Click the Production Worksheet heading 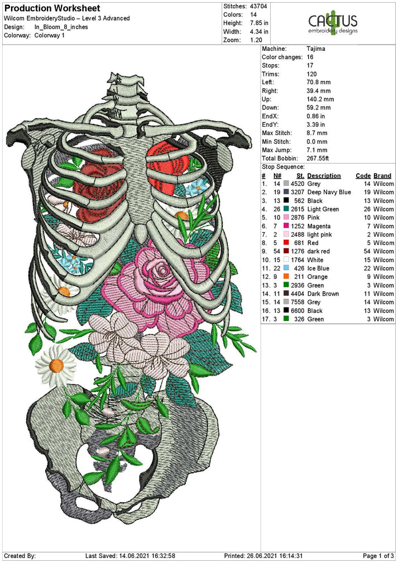click(52, 8)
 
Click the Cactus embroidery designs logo click(333, 23)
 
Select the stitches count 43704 click(259, 5)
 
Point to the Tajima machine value click(317, 49)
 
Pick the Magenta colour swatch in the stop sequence click(286, 227)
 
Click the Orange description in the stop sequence click(318, 277)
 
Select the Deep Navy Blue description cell click(329, 193)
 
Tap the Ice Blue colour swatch click(286, 268)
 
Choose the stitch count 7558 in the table click(298, 302)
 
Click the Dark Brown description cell click(324, 293)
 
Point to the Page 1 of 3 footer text click(378, 556)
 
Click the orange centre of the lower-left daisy click(56, 365)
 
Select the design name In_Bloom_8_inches click(61, 27)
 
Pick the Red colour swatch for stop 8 click(286, 243)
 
